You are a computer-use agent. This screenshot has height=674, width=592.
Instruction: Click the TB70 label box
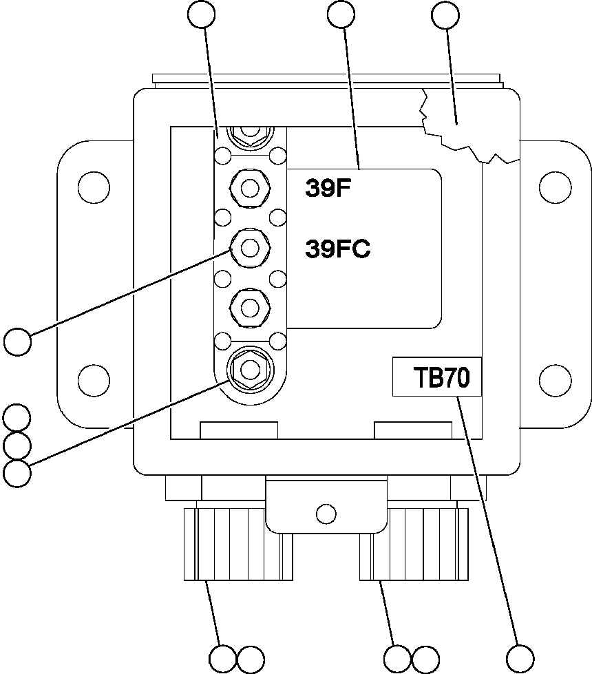(436, 377)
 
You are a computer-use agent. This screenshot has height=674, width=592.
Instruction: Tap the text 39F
(329, 189)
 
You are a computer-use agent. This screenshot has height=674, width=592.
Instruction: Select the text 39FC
(337, 249)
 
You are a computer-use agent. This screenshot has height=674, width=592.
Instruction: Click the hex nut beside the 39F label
(251, 187)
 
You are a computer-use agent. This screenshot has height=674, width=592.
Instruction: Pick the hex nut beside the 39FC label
(251, 246)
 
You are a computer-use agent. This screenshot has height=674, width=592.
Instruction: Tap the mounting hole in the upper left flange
(94, 186)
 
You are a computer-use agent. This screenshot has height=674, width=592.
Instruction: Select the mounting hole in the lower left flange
(94, 378)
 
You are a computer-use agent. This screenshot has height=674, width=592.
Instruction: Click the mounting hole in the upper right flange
(555, 186)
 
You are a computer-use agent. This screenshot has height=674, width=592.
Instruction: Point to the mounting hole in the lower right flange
(555, 378)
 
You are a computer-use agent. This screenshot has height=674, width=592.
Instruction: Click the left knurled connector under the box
(238, 543)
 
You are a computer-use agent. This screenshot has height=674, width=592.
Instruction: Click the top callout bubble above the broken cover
(444, 15)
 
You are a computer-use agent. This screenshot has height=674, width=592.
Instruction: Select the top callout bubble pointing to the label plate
(342, 15)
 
